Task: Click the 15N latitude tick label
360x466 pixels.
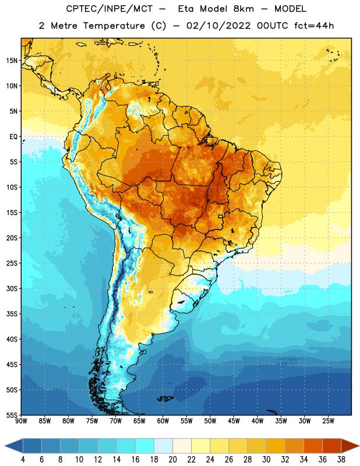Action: click(x=12, y=61)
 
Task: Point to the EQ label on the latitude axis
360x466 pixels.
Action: click(x=13, y=137)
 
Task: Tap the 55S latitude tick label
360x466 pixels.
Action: click(x=12, y=415)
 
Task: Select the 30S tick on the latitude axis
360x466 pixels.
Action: click(x=12, y=288)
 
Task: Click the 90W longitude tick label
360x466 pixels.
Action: click(x=21, y=421)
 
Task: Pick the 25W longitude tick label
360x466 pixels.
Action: click(x=328, y=421)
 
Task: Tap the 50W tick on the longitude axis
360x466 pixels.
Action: click(x=210, y=421)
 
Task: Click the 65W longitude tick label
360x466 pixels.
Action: click(x=139, y=421)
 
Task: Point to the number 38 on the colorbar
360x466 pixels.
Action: click(x=341, y=460)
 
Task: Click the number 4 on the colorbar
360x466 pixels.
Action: click(x=23, y=460)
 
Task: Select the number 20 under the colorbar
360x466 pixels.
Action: click(x=172, y=460)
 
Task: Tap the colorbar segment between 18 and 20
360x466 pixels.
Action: click(x=164, y=446)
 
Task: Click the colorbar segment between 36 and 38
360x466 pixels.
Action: click(x=332, y=446)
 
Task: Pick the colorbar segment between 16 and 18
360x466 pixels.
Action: click(x=145, y=446)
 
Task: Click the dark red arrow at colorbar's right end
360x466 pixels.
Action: click(x=350, y=446)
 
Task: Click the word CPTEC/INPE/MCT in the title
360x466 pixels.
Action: click(x=109, y=9)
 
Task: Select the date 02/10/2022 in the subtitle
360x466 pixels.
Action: click(x=218, y=26)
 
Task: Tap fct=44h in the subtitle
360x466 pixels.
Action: click(x=314, y=26)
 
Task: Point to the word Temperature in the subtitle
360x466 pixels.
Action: click(x=114, y=26)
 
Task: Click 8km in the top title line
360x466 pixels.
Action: click(x=243, y=9)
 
